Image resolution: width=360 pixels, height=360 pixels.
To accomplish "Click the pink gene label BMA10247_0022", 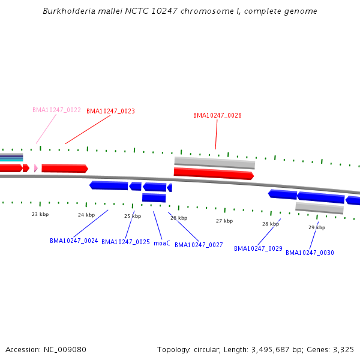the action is pyautogui.click(x=56, y=110).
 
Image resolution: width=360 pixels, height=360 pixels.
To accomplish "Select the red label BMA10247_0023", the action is pyautogui.click(x=110, y=111).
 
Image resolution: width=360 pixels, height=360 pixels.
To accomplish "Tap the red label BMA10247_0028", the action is pyautogui.click(x=217, y=115).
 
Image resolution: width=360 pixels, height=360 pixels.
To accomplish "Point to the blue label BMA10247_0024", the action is pyautogui.click(x=74, y=241).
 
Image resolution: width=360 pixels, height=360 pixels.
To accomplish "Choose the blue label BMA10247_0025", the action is pyautogui.click(x=125, y=242).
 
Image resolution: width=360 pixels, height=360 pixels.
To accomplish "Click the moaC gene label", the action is pyautogui.click(x=162, y=243).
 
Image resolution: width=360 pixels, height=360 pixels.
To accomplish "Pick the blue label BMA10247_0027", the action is pyautogui.click(x=199, y=245).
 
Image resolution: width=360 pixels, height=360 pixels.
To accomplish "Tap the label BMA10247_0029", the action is pyautogui.click(x=258, y=248).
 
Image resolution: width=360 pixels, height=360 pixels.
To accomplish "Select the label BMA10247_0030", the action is pyautogui.click(x=310, y=253).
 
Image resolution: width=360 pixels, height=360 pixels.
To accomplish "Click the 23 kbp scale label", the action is pyautogui.click(x=40, y=214).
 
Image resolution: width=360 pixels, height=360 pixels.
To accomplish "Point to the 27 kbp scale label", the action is pyautogui.click(x=224, y=221).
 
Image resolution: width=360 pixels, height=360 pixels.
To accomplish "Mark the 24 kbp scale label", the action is pyautogui.click(x=86, y=215).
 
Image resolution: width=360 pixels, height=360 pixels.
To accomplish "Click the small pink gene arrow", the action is pyautogui.click(x=36, y=168).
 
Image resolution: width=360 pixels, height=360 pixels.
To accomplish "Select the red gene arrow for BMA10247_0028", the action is pyautogui.click(x=214, y=173).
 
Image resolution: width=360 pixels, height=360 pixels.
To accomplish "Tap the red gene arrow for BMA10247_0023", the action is pyautogui.click(x=65, y=168).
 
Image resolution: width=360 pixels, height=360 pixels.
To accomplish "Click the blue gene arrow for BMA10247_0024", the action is pyautogui.click(x=109, y=185).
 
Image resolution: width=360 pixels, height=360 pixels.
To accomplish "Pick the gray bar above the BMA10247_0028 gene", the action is pyautogui.click(x=215, y=163).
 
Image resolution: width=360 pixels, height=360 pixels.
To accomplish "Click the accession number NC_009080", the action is pyautogui.click(x=65, y=350).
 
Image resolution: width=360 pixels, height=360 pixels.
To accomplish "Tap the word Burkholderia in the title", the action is pyautogui.click(x=69, y=11).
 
